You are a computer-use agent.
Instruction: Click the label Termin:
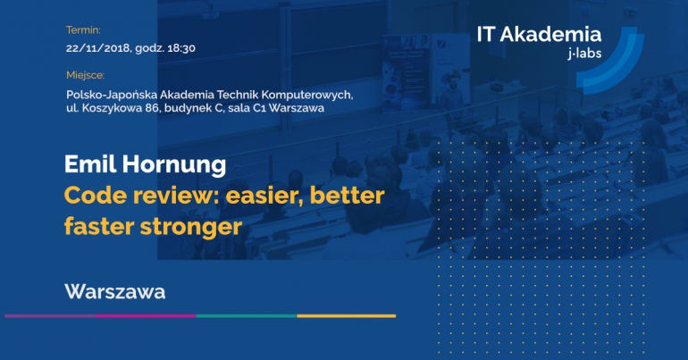pyautogui.click(x=83, y=30)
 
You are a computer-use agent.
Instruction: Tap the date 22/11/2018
pyautogui.click(x=98, y=48)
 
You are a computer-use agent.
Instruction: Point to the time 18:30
pyautogui.click(x=181, y=48)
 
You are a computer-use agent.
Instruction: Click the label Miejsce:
pyautogui.click(x=86, y=75)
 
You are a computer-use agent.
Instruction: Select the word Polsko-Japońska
pyautogui.click(x=112, y=95)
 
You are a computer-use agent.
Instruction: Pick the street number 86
pyautogui.click(x=153, y=108)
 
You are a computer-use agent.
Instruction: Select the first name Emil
pyautogui.click(x=90, y=164)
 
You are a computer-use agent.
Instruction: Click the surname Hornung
pyautogui.click(x=174, y=165)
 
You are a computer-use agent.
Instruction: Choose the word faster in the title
pyautogui.click(x=99, y=227)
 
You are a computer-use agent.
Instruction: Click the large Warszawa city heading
pyautogui.click(x=115, y=291)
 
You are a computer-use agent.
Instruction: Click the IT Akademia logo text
pyautogui.click(x=539, y=34)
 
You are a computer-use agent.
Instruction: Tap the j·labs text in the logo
pyautogui.click(x=585, y=54)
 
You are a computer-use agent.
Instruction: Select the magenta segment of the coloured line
pyautogui.click(x=146, y=315)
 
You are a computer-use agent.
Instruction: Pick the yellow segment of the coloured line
pyautogui.click(x=346, y=315)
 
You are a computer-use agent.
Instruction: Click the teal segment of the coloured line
pyautogui.click(x=247, y=315)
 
